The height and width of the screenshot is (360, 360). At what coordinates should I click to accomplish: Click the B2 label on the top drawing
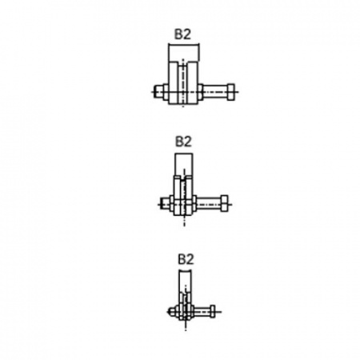coord(182,34)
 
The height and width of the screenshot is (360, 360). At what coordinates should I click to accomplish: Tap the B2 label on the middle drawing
coord(183,142)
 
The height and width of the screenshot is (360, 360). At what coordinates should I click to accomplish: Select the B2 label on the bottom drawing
coord(186,259)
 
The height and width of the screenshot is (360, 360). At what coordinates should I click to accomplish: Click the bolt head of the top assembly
coord(230,92)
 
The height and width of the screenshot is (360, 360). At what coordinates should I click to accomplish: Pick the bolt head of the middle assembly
coord(224,204)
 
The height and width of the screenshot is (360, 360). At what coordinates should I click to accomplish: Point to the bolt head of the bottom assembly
coord(213,311)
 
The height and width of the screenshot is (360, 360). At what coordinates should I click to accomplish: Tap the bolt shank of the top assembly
coord(215,92)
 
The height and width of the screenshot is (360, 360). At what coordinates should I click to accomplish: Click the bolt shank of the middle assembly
coord(209,204)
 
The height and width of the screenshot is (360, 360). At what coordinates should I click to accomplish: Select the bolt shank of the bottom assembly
coord(202,311)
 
